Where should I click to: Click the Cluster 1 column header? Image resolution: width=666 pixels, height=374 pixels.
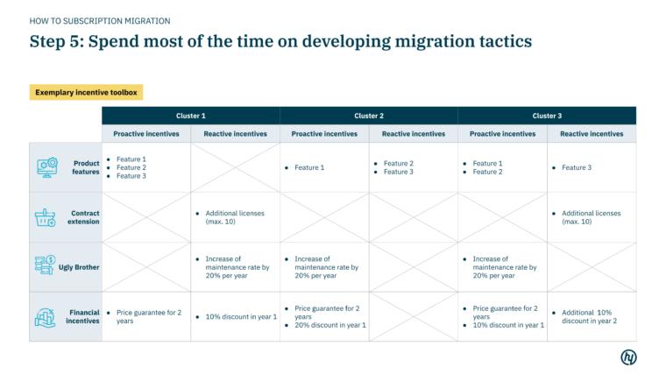click(x=191, y=116)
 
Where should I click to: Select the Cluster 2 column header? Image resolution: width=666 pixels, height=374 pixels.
click(x=369, y=116)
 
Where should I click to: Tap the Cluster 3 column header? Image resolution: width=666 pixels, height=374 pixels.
click(x=547, y=116)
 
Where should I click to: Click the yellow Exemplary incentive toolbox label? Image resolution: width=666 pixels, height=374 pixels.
click(x=86, y=92)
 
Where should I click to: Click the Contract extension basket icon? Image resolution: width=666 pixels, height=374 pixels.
click(x=46, y=217)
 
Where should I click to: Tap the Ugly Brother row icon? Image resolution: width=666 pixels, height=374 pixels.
click(x=46, y=266)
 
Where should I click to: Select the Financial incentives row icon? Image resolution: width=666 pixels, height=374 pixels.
click(x=46, y=316)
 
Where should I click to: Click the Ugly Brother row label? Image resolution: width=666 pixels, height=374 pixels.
click(x=79, y=267)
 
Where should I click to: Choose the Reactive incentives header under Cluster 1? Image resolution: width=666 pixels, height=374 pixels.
click(x=235, y=134)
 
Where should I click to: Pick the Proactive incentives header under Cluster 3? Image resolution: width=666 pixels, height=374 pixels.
click(x=502, y=134)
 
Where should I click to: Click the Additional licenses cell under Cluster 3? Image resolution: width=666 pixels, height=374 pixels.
click(x=591, y=217)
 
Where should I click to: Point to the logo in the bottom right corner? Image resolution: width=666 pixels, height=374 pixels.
click(x=628, y=356)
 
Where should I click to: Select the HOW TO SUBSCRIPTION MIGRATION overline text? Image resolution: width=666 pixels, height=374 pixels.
click(x=100, y=20)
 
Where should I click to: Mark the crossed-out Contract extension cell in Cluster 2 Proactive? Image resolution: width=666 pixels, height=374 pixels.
click(x=324, y=217)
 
